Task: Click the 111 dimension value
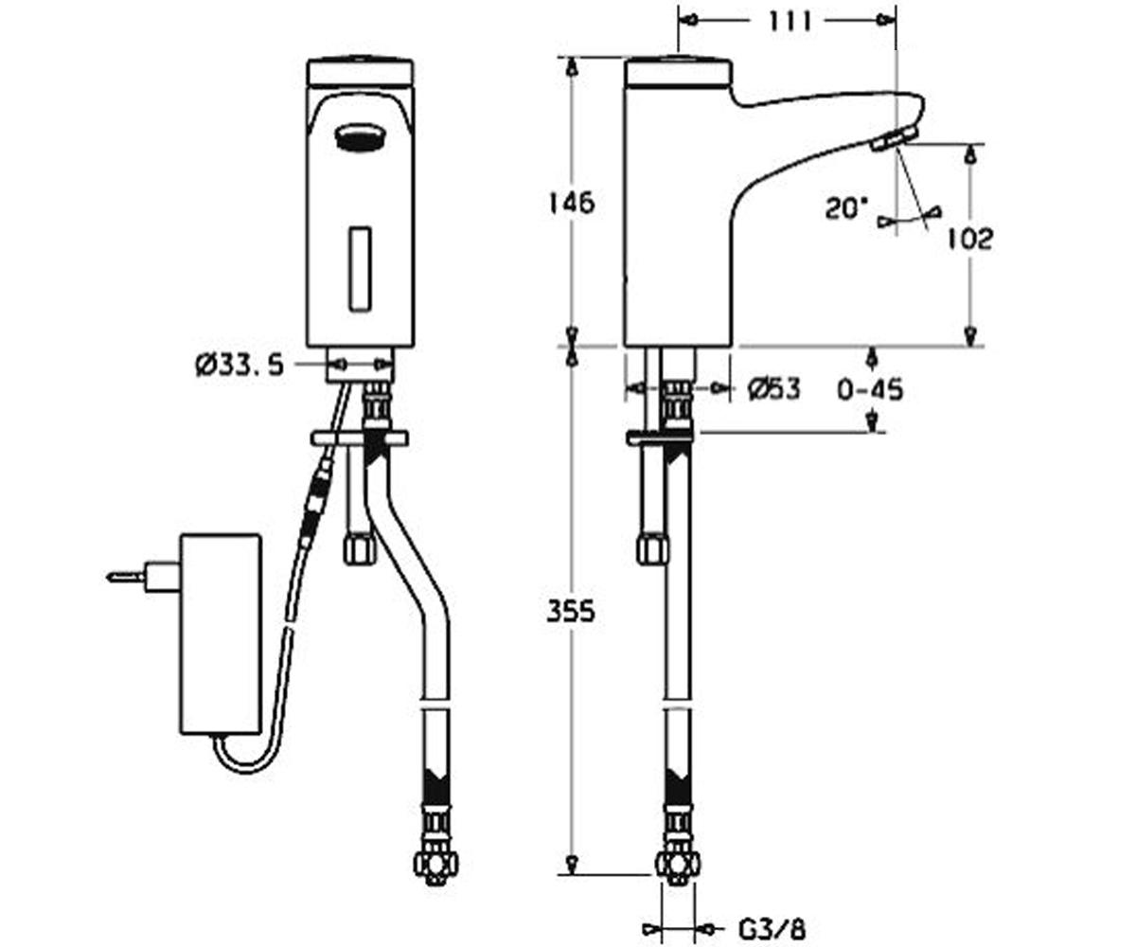789,22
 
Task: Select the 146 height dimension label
571,203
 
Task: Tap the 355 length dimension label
571,613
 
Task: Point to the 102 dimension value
969,239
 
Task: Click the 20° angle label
846,208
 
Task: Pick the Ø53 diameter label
774,388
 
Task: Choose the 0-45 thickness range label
870,389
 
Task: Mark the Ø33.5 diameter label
240,366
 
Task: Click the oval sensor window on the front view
361,136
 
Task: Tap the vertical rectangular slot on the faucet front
360,269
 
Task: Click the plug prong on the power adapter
126,577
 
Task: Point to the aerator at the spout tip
893,139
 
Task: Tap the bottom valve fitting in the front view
435,864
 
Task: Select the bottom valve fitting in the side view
678,864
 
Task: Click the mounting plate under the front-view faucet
359,438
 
